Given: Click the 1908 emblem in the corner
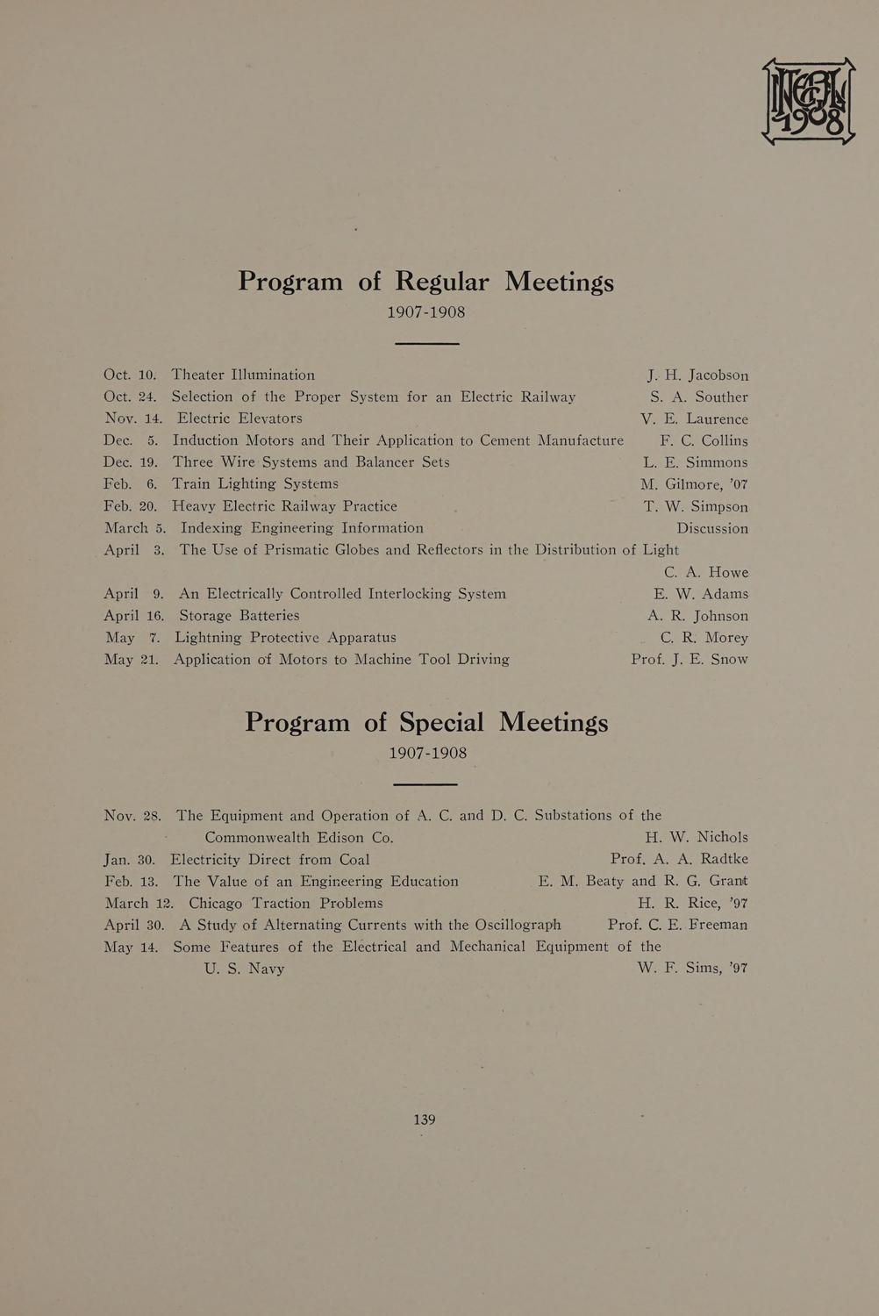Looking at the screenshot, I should (808, 101).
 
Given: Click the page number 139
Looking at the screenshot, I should (425, 1119).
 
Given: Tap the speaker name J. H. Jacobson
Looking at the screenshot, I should (698, 375).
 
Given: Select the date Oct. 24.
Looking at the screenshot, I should (130, 397).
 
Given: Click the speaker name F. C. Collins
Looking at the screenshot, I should (704, 440).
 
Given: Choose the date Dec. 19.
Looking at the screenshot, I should (131, 462).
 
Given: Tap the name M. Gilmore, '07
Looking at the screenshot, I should (694, 484).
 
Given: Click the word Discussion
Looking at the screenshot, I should (712, 528).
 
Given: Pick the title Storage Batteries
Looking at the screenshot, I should (239, 616).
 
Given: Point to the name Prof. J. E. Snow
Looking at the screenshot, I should (690, 659).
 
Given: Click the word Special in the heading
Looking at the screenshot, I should (441, 722).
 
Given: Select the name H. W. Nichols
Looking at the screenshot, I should (697, 837).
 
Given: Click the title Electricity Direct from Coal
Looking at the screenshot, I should (270, 859).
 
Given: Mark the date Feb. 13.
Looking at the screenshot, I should (131, 881).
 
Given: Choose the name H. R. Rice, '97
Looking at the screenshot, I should (693, 903).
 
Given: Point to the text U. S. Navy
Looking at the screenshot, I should (244, 969).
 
